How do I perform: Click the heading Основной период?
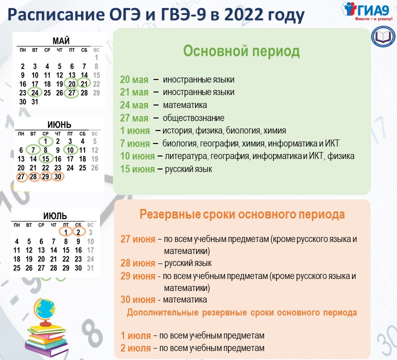pos(241,51)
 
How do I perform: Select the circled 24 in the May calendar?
pos(35,92)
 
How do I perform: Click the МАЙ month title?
pos(61,40)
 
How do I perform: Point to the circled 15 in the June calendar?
pos(45,158)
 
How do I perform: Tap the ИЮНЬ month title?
pos(59,124)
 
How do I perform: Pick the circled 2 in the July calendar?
pos(78,232)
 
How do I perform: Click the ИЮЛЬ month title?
pos(55,215)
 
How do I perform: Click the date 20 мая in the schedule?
pos(134,79)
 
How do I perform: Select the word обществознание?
pos(193,118)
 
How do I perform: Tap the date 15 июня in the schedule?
pos(137,169)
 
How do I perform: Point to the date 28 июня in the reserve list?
pos(137,263)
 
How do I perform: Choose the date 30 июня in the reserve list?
pos(137,299)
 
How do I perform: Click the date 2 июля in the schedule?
pos(135,348)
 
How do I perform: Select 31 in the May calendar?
pos(35,102)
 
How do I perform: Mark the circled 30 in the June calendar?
pos(57,176)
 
